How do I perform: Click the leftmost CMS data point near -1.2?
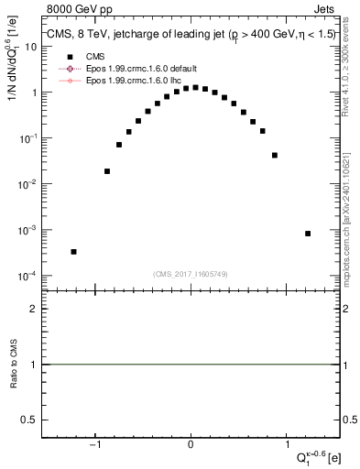tap(73, 251)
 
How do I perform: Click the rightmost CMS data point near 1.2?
tap(308, 234)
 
